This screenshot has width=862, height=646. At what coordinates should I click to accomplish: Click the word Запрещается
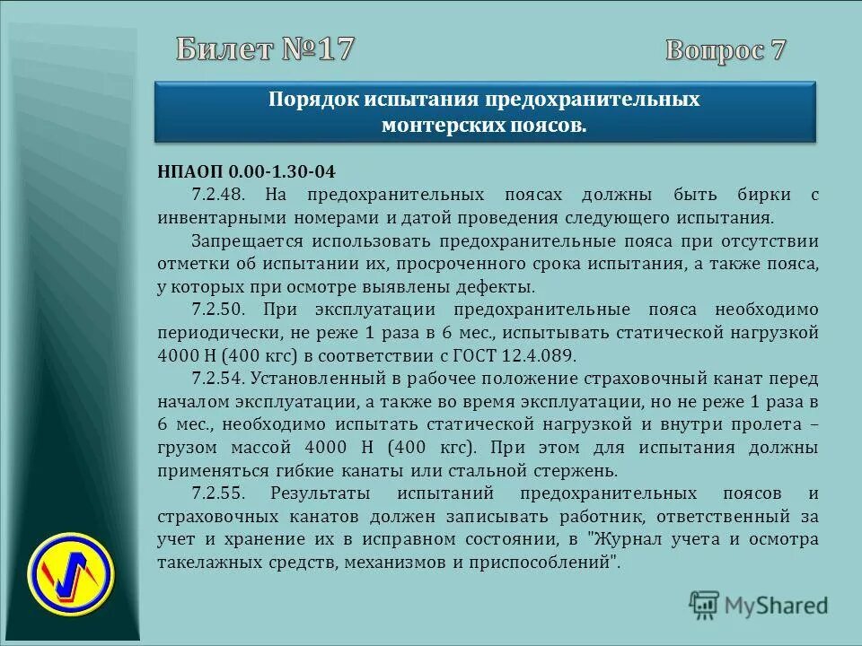(242, 241)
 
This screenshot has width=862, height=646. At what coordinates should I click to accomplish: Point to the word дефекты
(497, 288)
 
